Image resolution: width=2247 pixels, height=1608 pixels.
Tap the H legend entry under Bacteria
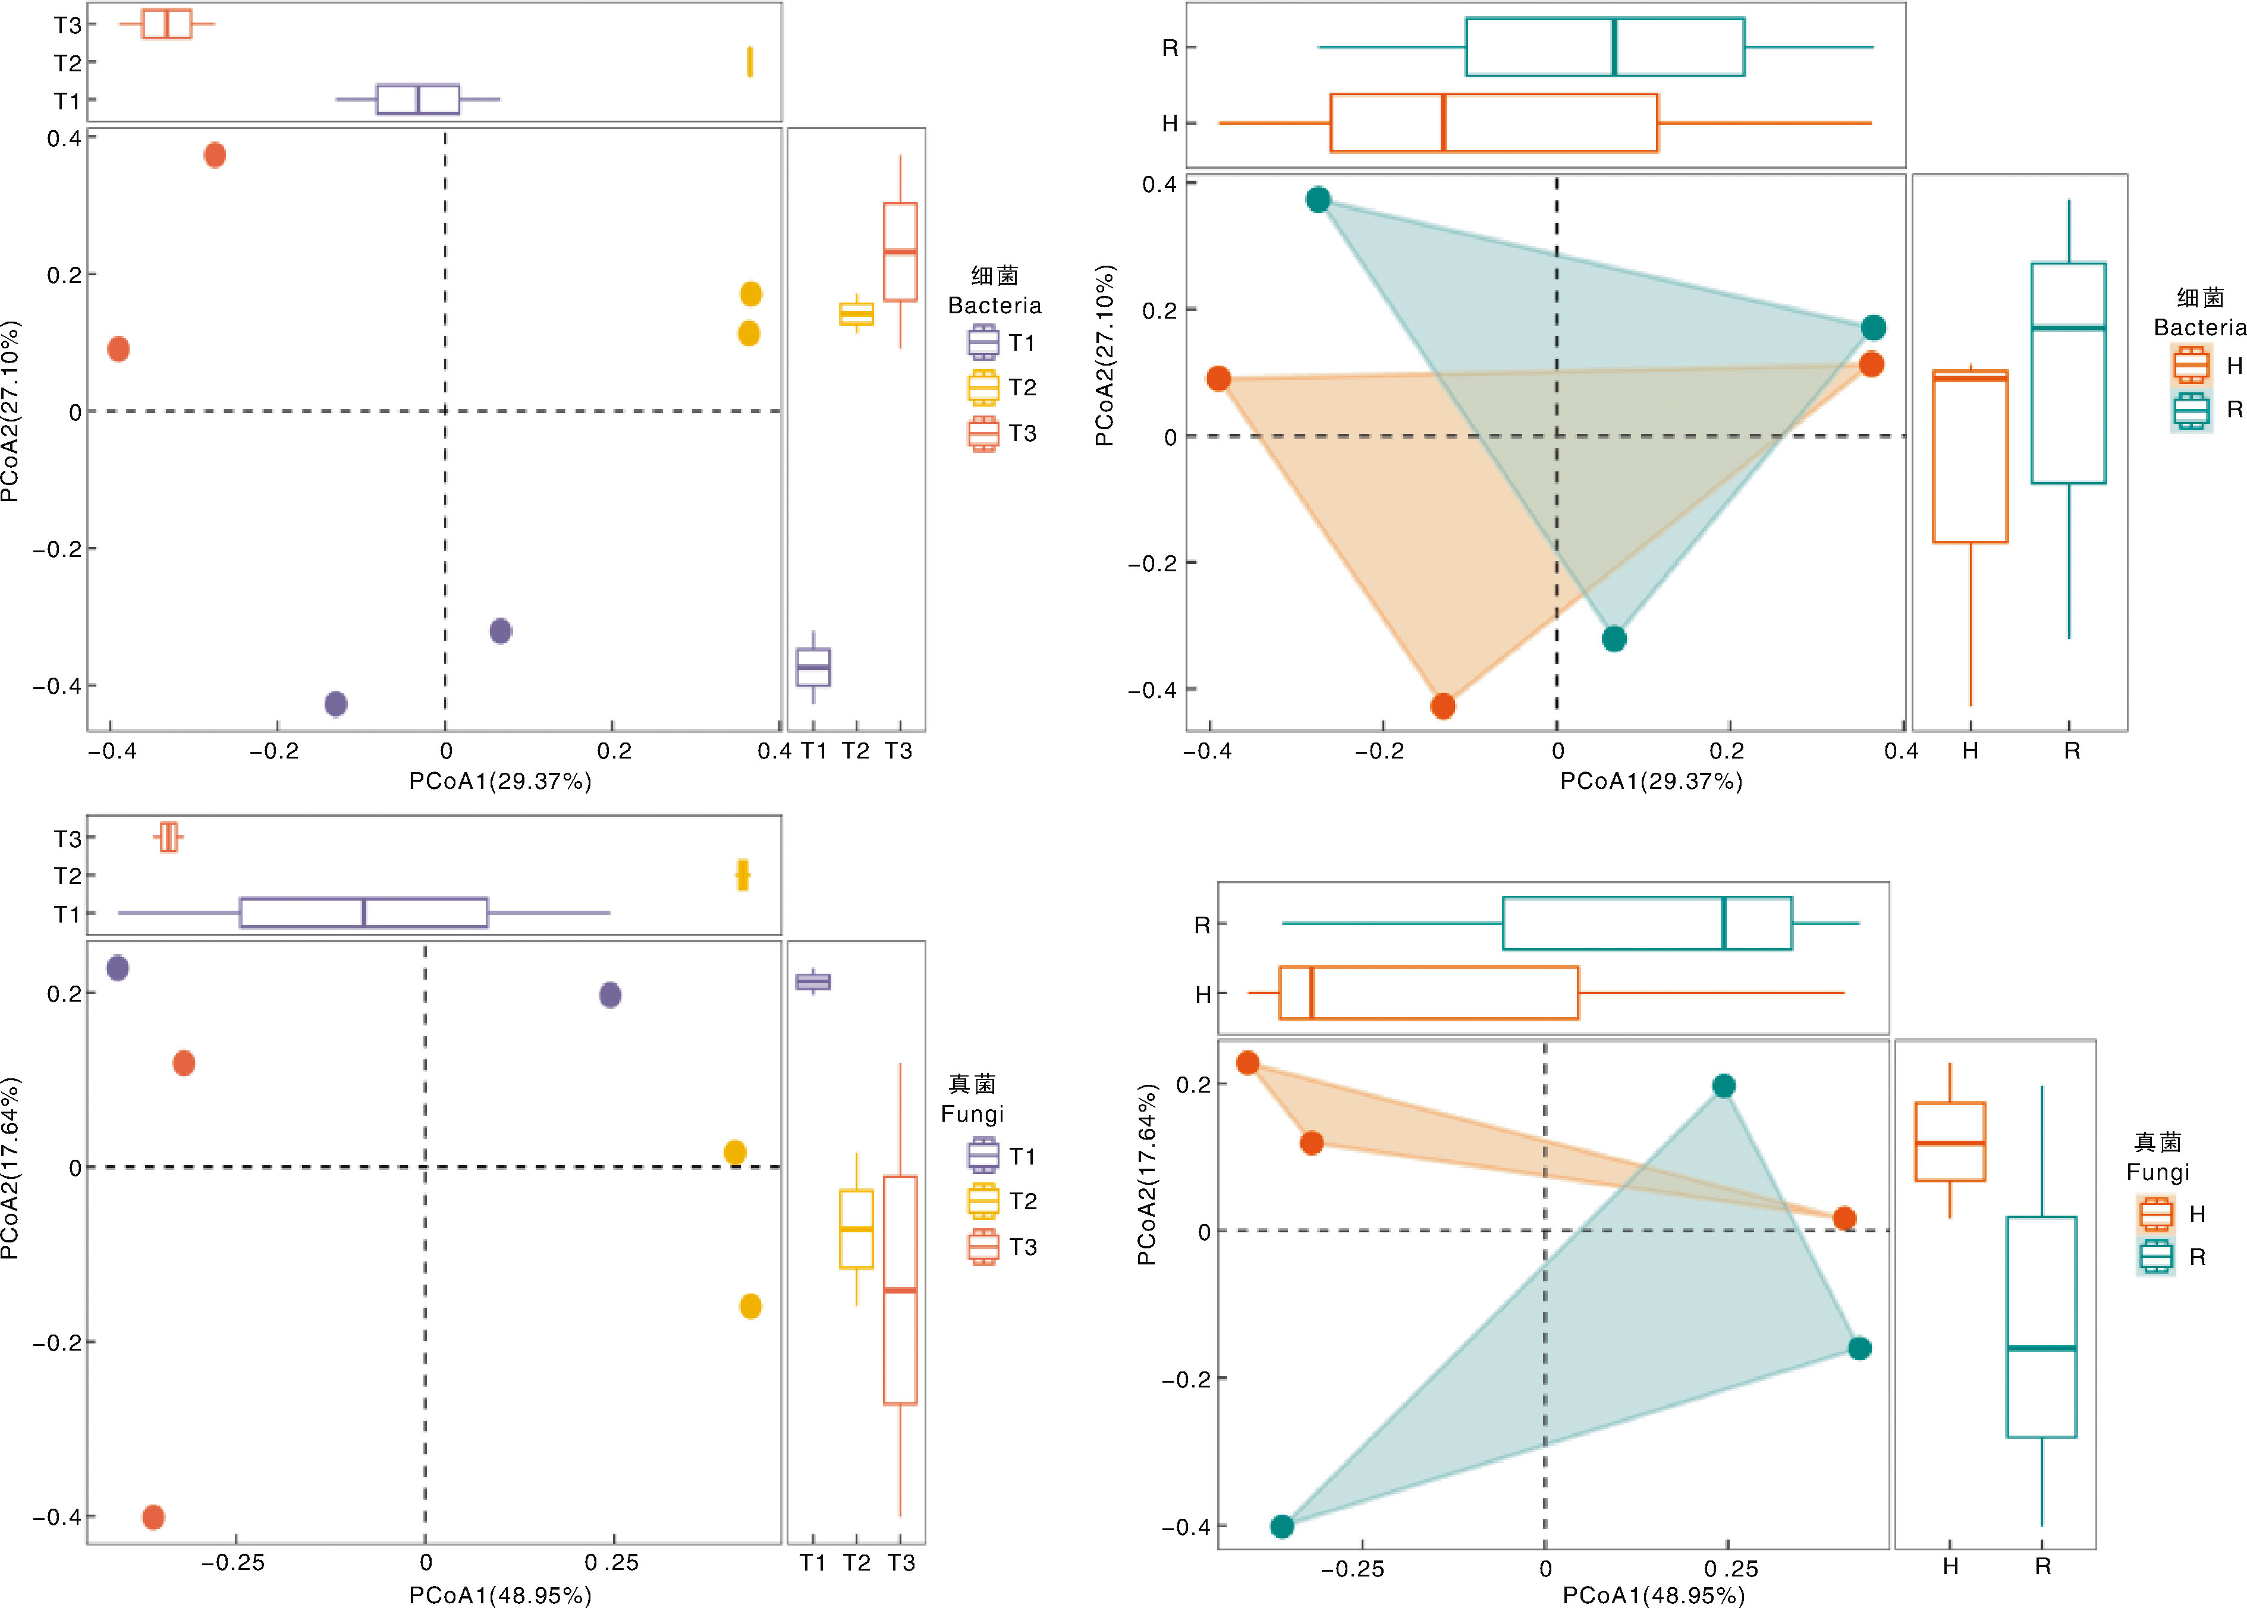(x=2208, y=366)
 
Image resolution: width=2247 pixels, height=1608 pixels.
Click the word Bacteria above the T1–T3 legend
(x=994, y=305)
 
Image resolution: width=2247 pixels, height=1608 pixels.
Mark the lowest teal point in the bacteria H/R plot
(x=1614, y=638)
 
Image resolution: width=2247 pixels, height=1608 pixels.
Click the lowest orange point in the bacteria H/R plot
(x=1443, y=706)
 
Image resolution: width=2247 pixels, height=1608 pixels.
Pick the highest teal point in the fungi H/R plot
(x=1723, y=1086)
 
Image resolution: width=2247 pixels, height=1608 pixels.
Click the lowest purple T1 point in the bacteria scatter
(x=336, y=704)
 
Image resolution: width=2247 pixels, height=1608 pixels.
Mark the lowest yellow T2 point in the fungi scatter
(x=750, y=1306)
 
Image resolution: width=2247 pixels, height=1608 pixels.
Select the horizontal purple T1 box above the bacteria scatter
(x=418, y=100)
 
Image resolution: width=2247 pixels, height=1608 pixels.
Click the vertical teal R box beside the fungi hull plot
(x=2041, y=1327)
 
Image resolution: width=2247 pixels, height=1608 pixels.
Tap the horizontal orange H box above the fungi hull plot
(x=1428, y=992)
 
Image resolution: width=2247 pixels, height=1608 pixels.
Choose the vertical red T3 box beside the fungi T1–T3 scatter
(x=900, y=1290)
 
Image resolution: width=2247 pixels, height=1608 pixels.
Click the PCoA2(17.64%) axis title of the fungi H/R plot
(x=1147, y=1175)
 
